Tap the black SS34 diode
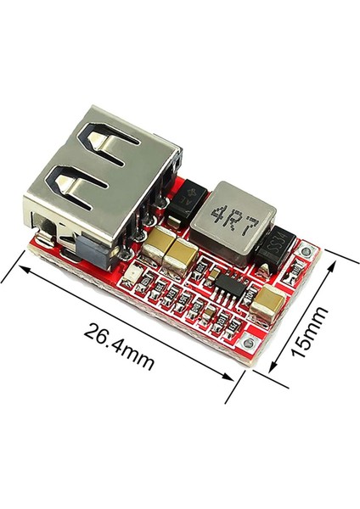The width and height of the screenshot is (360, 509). click(x=275, y=247)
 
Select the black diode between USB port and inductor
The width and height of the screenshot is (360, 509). click(x=185, y=204)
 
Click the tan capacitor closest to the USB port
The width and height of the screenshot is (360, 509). click(x=158, y=246)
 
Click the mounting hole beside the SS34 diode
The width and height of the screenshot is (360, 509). click(x=307, y=249)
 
